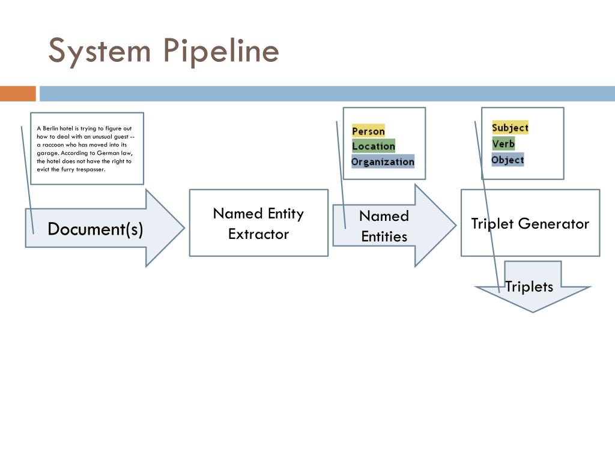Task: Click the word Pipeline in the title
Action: (221, 52)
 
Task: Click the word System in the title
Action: (100, 52)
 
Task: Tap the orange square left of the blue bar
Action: (18, 94)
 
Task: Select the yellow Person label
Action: (368, 131)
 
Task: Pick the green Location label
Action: (374, 146)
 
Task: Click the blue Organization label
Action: (383, 161)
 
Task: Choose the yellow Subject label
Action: (510, 127)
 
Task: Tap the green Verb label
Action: (503, 143)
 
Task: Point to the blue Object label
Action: (507, 160)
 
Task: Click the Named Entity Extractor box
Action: (259, 223)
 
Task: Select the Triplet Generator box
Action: (530, 223)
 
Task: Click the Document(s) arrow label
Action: (95, 229)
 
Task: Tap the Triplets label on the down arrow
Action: (529, 286)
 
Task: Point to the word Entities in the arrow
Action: (384, 237)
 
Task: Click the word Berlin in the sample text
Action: (50, 128)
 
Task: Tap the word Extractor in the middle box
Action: (258, 234)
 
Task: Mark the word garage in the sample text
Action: (47, 153)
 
